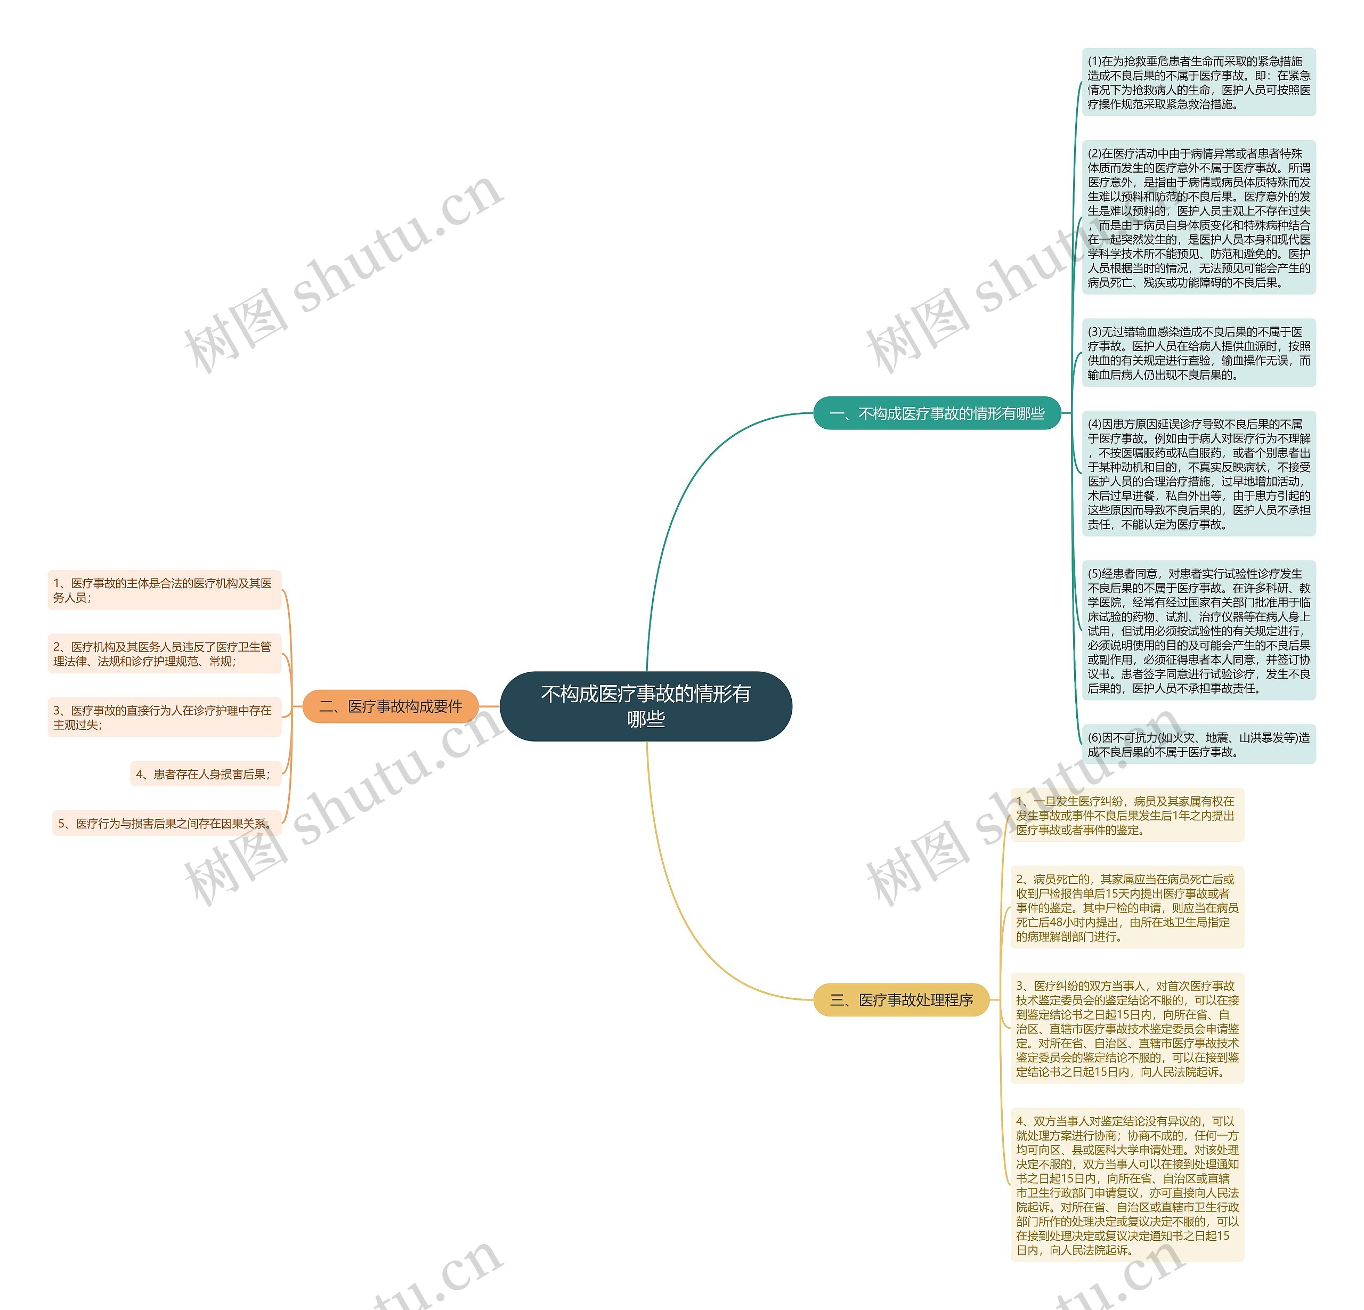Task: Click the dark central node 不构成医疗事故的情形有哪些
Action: (645, 705)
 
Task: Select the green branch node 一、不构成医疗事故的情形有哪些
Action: (937, 413)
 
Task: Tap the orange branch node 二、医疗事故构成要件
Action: (391, 706)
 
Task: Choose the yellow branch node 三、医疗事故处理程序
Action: (901, 1000)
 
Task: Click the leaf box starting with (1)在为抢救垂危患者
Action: (1198, 82)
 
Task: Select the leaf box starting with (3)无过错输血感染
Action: (1198, 353)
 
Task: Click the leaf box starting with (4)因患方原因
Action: (1198, 474)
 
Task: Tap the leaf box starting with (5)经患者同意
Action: (1198, 630)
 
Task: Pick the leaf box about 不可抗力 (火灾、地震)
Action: (1198, 744)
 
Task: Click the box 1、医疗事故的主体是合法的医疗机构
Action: (164, 590)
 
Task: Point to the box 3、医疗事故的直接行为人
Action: (164, 717)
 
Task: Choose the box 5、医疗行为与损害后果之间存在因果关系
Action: (166, 823)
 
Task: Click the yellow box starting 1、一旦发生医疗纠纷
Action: (1127, 816)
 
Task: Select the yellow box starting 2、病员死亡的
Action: (1127, 907)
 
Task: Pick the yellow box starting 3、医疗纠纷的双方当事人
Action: (1127, 1028)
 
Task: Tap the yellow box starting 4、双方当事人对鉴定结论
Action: (1127, 1185)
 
